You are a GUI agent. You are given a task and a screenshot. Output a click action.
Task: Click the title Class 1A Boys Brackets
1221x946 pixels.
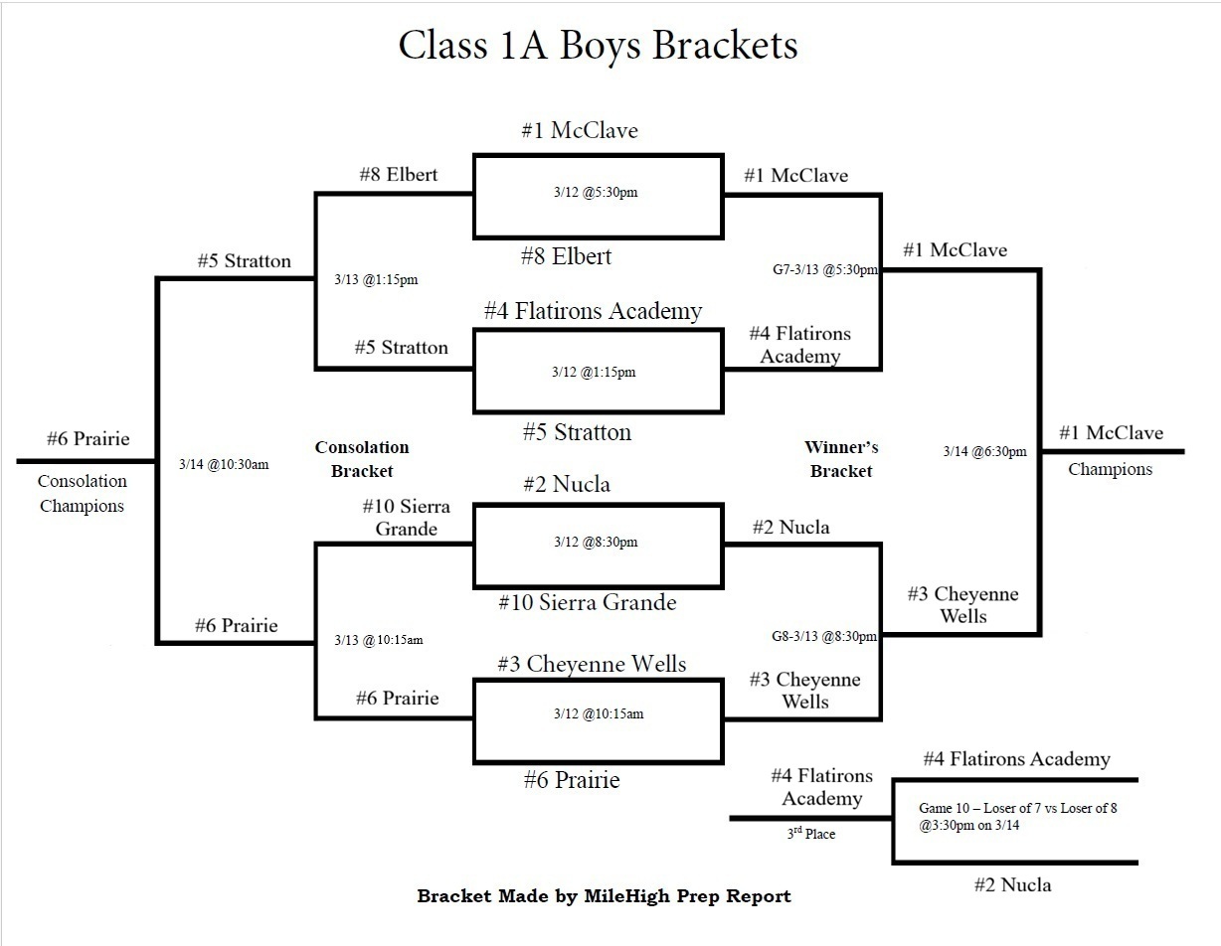pos(598,46)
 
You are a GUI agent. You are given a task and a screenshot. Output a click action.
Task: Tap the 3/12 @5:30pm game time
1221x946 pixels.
pos(596,192)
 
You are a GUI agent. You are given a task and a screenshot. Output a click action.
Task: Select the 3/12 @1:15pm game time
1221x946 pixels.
pos(594,372)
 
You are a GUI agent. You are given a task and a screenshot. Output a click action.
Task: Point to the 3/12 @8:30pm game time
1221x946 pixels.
pos(596,543)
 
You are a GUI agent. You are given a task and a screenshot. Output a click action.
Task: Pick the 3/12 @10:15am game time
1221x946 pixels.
pos(598,713)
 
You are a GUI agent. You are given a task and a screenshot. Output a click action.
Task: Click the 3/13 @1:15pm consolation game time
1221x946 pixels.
pos(376,280)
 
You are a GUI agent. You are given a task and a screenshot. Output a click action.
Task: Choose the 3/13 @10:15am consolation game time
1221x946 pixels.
pos(378,640)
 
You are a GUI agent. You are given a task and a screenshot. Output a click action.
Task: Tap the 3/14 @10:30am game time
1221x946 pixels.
pos(224,464)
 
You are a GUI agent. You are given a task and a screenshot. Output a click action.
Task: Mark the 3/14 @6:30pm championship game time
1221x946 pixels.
pos(984,451)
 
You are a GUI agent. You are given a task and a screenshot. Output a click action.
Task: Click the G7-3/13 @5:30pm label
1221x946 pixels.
pos(825,269)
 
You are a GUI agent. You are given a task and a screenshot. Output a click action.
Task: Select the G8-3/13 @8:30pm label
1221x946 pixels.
pos(824,637)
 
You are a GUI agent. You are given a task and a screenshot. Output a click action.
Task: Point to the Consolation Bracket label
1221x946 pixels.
pos(362,459)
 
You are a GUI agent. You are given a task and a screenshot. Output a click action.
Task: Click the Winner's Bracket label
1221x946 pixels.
pos(841,459)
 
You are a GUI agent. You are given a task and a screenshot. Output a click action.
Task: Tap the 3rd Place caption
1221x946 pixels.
pos(810,834)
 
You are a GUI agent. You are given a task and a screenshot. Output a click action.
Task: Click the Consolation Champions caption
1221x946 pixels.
pos(82,493)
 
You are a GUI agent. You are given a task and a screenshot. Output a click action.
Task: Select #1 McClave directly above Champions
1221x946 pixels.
pos(1111,433)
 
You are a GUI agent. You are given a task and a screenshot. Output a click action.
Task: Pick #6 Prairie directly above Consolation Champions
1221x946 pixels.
pos(87,439)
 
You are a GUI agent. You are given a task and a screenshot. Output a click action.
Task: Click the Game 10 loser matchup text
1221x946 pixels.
pos(1017,817)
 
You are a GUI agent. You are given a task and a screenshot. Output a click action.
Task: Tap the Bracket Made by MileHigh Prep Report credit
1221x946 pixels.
pos(604,896)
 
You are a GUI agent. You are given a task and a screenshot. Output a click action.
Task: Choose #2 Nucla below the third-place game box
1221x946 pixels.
pos(1012,884)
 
